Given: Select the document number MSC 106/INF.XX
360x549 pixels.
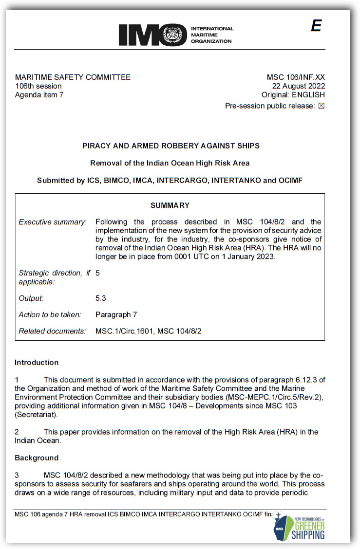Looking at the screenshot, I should coord(295,77).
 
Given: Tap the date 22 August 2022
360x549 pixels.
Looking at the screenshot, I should coord(299,86).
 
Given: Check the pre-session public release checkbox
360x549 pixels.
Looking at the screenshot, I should coord(321,106).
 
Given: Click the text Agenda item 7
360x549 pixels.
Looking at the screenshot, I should coord(39,95).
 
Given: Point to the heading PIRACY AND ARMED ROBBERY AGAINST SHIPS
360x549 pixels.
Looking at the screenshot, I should coord(171,146).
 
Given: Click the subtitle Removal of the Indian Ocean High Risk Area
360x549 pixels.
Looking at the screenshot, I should coord(170,163).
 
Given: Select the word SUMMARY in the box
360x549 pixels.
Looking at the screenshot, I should coord(170,205).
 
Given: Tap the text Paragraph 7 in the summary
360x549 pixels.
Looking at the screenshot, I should coord(116,314).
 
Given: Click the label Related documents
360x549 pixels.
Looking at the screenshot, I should coord(52,331).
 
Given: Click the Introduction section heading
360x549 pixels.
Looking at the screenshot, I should coord(37,363).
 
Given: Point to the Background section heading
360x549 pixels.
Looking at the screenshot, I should coord(37,458).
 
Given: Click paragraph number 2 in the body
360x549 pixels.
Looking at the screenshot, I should coord(17,432).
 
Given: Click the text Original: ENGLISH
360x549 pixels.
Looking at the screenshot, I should coord(293,95).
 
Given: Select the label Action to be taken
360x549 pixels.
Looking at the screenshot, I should coord(50,314).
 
